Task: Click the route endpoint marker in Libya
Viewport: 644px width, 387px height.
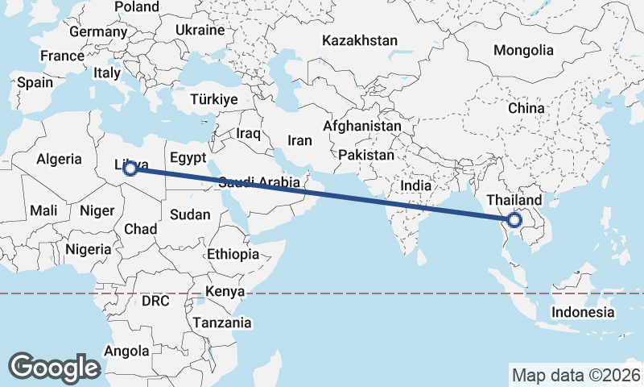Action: [130, 169]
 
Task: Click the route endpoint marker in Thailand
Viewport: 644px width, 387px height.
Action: [514, 218]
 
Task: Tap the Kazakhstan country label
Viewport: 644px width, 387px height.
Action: [360, 40]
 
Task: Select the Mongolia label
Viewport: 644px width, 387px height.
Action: [523, 50]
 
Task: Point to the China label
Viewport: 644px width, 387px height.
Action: [526, 107]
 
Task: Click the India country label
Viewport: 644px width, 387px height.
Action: [416, 185]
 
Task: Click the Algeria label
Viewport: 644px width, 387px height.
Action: [60, 159]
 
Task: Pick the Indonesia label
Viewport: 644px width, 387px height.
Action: [583, 312]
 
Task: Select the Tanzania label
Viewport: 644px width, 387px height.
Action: [221, 322]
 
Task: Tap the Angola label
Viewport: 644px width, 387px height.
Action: [126, 351]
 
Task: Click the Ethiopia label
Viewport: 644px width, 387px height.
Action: [233, 254]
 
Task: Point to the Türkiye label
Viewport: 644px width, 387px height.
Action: [214, 99]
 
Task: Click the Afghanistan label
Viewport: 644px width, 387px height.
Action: [361, 127]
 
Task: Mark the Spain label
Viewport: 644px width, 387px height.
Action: [35, 82]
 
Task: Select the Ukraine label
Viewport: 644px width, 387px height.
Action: [200, 30]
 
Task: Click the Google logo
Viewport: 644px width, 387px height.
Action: [54, 368]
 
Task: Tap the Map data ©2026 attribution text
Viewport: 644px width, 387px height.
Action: [575, 375]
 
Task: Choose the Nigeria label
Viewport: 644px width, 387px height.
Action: [89, 249]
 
